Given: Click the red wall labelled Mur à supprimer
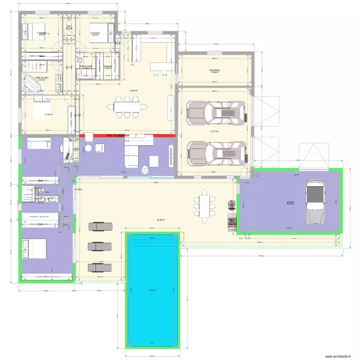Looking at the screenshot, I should (x=127, y=136).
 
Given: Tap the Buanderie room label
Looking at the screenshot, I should (x=215, y=71).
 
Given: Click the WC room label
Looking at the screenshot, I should (x=69, y=27).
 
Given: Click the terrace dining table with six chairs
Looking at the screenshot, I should (x=205, y=206).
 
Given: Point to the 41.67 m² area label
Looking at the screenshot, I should (x=214, y=132).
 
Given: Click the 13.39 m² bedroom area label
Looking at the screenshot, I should (x=48, y=115).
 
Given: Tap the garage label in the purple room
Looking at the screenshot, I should (x=291, y=202).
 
